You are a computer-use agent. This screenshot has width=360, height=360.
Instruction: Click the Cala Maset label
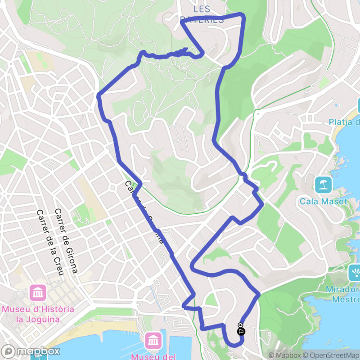(x=324, y=201)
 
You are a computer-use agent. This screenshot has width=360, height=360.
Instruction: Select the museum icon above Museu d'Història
(x=38, y=293)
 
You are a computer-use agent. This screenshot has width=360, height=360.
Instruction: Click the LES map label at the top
(x=202, y=9)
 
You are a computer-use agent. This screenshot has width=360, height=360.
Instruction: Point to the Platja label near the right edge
(x=344, y=122)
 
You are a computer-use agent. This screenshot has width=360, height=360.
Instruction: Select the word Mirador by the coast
(x=346, y=289)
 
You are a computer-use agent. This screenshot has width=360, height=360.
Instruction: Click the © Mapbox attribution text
(x=284, y=355)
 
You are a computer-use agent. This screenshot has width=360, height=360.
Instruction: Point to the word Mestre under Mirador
(x=346, y=299)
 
